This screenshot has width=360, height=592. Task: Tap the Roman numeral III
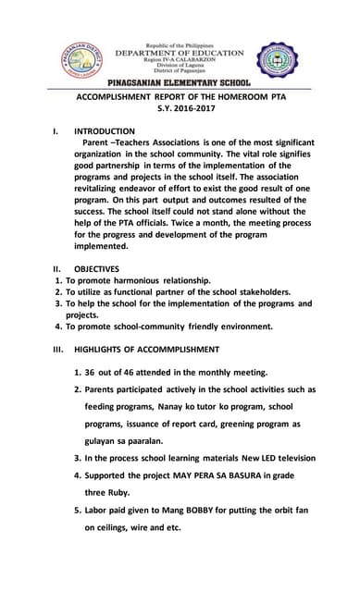click(x=57, y=350)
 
